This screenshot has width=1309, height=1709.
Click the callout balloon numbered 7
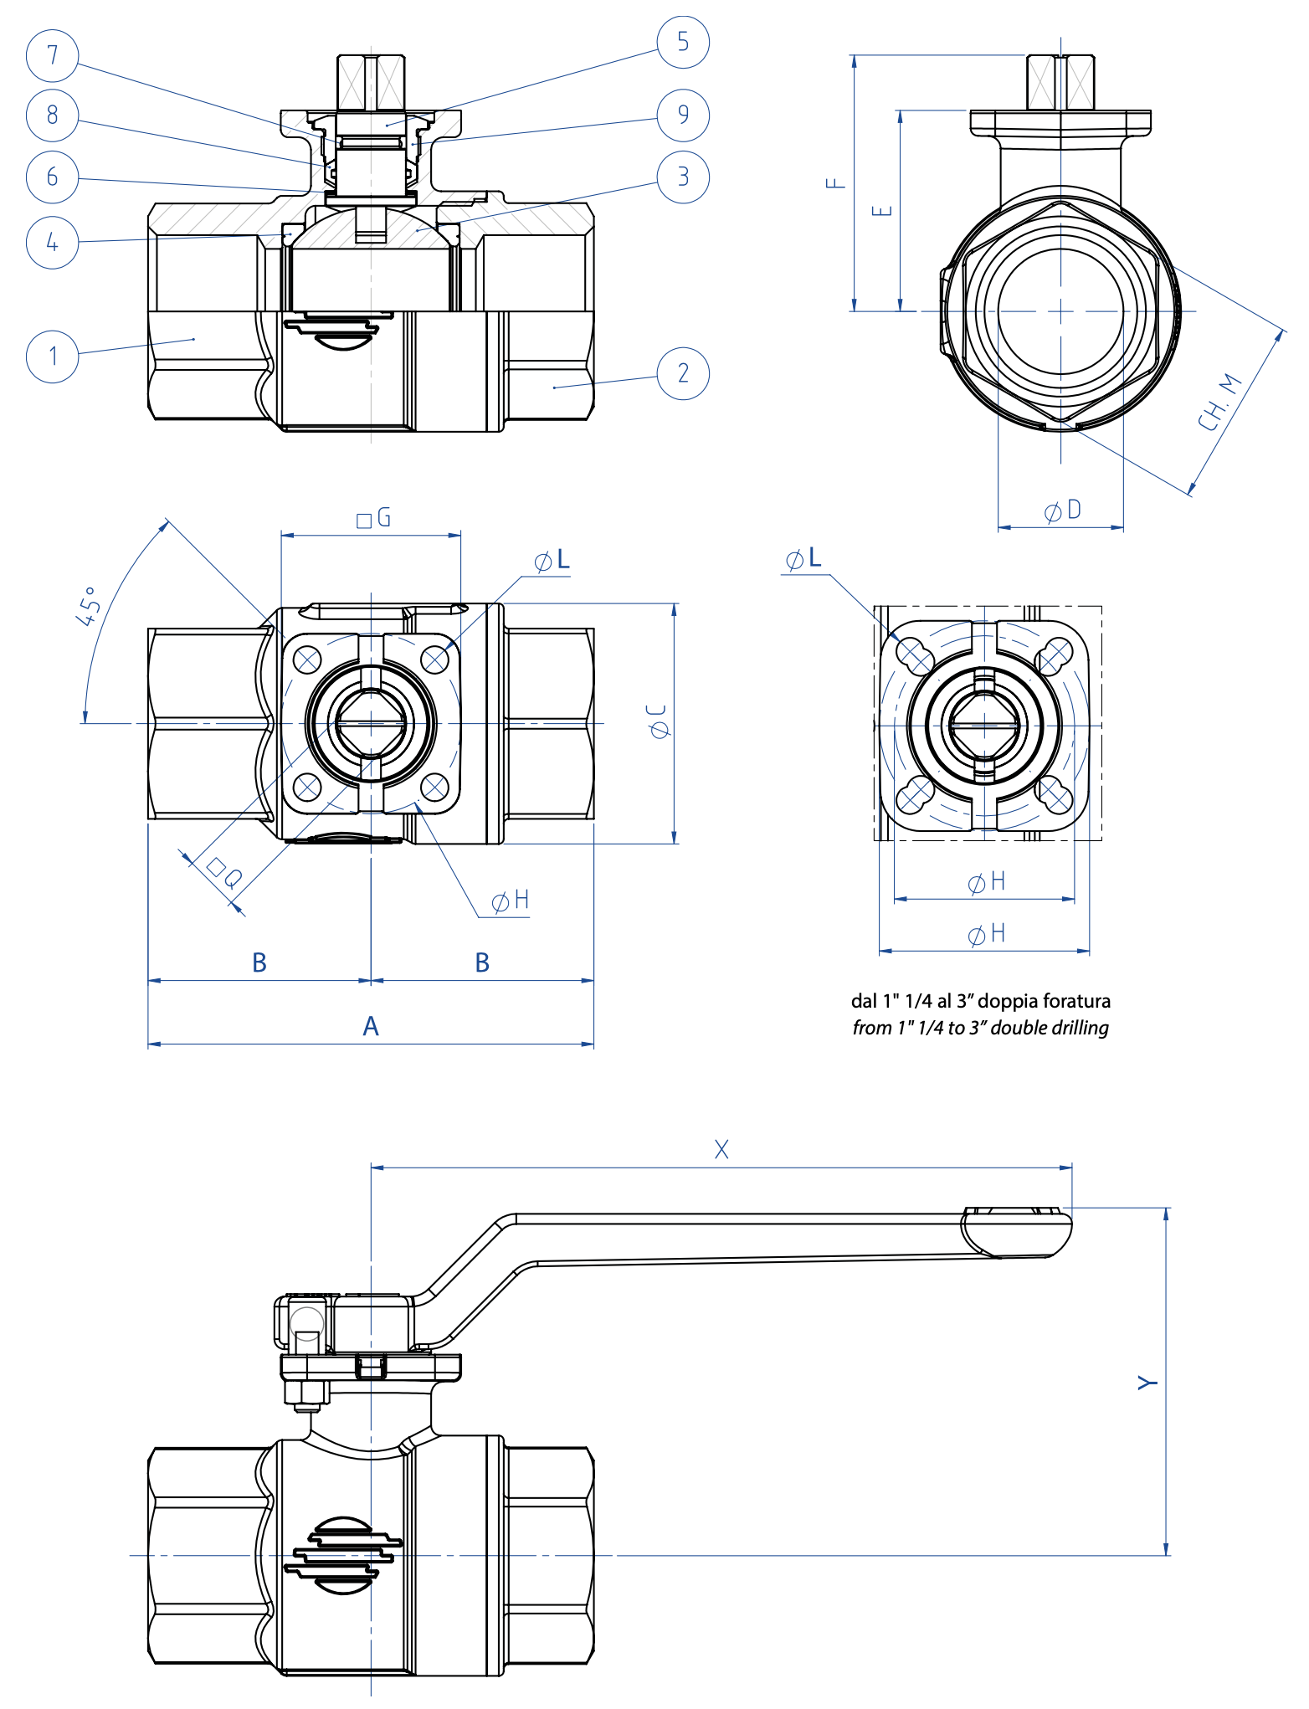[x=52, y=55]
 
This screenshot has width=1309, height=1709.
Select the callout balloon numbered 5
[x=683, y=42]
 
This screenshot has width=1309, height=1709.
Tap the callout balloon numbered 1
[x=52, y=356]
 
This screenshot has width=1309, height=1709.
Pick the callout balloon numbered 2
[x=683, y=373]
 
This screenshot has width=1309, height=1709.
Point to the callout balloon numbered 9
[x=683, y=115]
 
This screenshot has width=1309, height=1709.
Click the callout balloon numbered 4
[x=52, y=243]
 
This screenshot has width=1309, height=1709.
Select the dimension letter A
[x=371, y=1026]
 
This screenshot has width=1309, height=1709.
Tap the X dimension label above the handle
[x=721, y=1149]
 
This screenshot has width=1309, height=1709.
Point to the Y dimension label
[x=1147, y=1382]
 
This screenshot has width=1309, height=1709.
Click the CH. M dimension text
[x=1219, y=403]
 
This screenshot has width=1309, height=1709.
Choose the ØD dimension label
[x=1063, y=511]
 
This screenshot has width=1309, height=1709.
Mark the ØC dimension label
[x=659, y=721]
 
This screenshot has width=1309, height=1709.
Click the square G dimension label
[x=374, y=518]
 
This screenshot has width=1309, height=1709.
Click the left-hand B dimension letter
[x=259, y=962]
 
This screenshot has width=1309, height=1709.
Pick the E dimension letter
[x=881, y=210]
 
